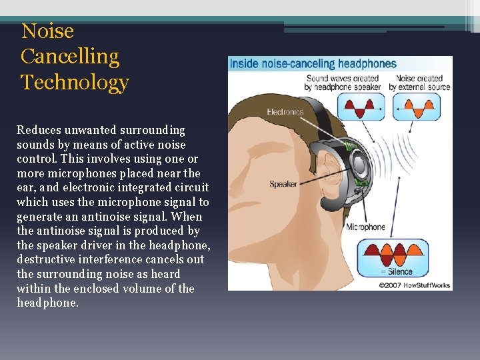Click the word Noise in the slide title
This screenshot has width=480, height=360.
(x=47, y=31)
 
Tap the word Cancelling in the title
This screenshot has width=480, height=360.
(x=70, y=57)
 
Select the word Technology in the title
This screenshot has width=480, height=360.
(x=75, y=83)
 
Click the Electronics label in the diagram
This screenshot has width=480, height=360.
(x=285, y=112)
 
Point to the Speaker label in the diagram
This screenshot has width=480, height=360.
(x=283, y=184)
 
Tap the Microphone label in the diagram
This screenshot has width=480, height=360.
(x=365, y=227)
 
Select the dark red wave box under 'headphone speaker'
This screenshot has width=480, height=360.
(x=360, y=107)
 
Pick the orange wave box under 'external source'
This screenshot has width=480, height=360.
(x=417, y=107)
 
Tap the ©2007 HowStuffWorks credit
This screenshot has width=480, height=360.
(x=415, y=285)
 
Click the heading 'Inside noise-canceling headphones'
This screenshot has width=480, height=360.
(x=313, y=64)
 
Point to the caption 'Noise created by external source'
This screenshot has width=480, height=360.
(x=420, y=83)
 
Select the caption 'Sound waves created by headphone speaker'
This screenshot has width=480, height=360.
(x=343, y=83)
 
